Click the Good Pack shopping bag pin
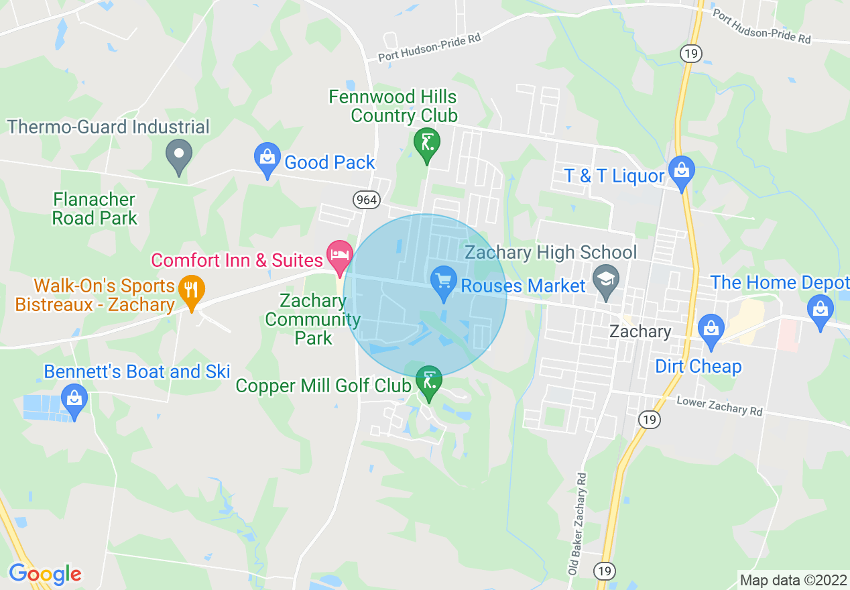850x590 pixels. click(x=267, y=159)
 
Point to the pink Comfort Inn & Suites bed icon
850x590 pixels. click(x=339, y=256)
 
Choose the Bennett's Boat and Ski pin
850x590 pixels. click(x=74, y=400)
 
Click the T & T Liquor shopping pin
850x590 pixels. click(x=682, y=172)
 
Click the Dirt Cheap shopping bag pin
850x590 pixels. click(x=711, y=331)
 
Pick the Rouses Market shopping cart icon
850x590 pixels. click(x=442, y=280)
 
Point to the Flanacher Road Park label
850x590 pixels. click(x=95, y=209)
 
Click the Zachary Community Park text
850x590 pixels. click(x=312, y=318)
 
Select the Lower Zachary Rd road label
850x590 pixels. click(x=719, y=405)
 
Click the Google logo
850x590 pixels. click(x=45, y=574)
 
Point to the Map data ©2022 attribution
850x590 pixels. click(x=792, y=580)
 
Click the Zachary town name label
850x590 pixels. click(x=640, y=331)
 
